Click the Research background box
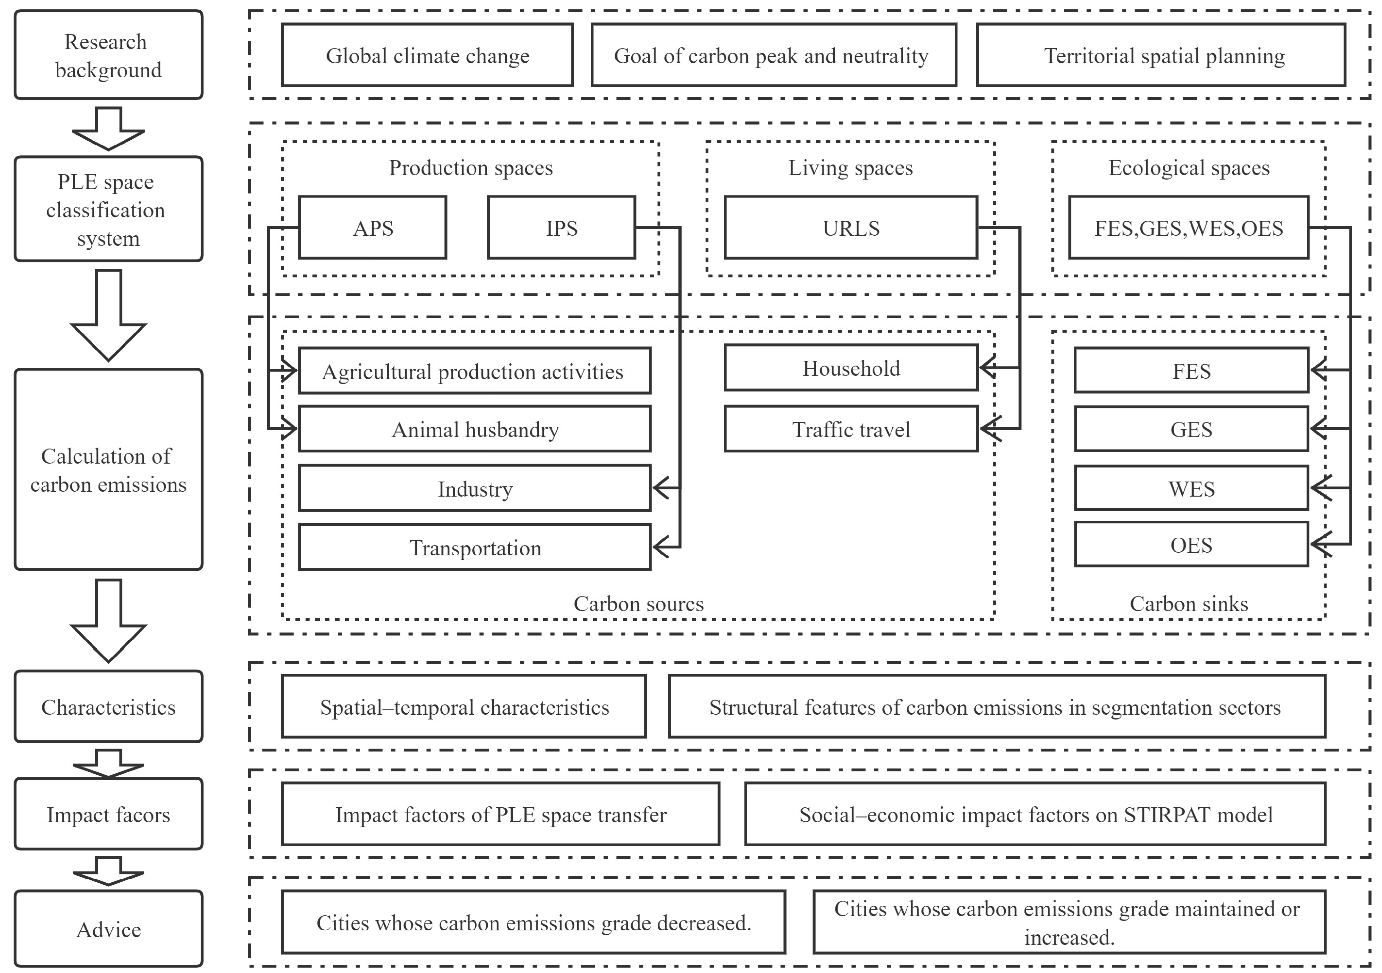(x=108, y=55)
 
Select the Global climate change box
(x=427, y=55)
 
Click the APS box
(x=373, y=228)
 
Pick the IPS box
(x=561, y=228)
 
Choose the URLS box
(x=851, y=228)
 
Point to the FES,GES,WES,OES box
(x=1188, y=228)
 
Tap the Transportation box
(x=475, y=547)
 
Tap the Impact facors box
(x=108, y=814)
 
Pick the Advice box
(x=108, y=929)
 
